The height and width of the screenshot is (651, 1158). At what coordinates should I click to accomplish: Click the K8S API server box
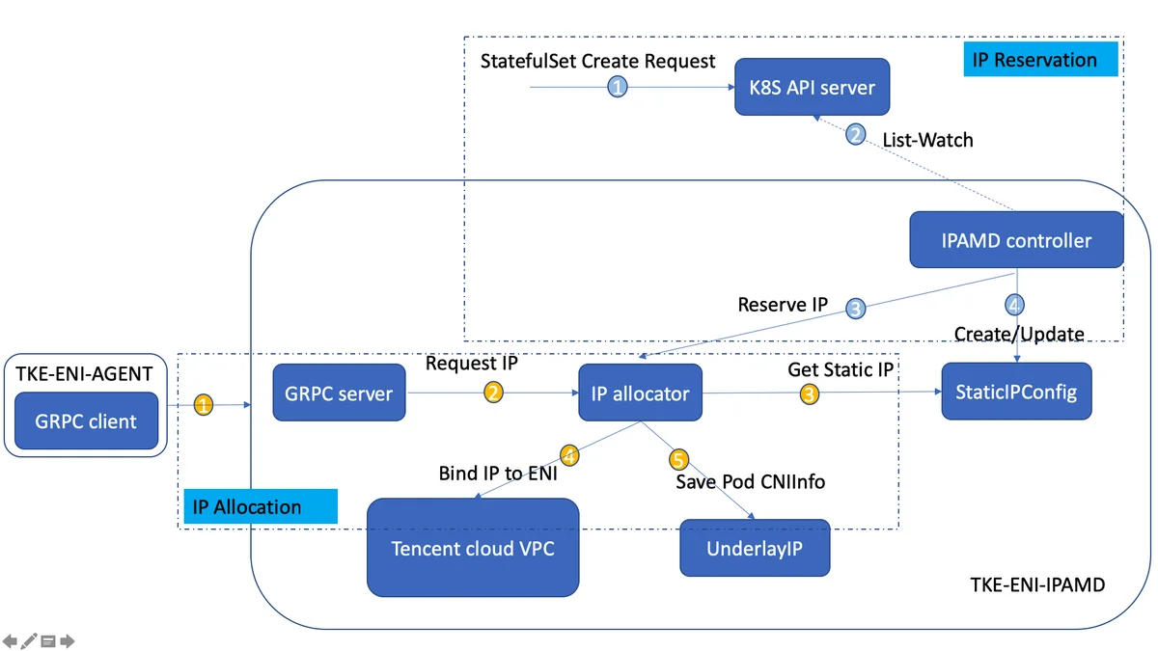point(813,87)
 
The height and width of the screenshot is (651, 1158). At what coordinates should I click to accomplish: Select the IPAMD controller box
point(1016,240)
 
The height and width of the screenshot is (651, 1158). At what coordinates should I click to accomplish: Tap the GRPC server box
point(339,393)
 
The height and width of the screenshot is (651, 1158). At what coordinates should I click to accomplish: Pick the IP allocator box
point(640,393)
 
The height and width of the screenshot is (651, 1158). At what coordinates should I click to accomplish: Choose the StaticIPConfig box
point(1016,392)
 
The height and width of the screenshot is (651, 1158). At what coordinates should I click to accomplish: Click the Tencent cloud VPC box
point(473,547)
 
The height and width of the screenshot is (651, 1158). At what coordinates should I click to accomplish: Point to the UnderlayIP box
point(755,548)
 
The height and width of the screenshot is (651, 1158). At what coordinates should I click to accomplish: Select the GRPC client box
point(86,420)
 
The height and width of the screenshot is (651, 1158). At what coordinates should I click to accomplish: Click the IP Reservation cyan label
point(1040,60)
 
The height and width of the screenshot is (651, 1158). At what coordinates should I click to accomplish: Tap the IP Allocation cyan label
point(261,506)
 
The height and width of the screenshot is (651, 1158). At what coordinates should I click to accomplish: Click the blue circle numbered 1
point(618,87)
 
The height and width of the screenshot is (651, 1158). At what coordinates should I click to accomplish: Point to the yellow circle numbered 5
point(678,459)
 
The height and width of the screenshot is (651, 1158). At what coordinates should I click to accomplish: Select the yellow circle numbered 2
point(493,393)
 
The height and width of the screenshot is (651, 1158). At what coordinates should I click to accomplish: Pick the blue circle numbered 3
point(856,309)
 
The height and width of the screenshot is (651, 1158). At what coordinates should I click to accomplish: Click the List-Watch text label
point(927,140)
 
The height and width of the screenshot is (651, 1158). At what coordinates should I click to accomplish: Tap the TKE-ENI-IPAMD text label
point(1037,584)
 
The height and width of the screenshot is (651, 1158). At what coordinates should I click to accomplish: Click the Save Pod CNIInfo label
point(750,481)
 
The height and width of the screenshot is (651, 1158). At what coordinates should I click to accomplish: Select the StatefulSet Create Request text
point(597,61)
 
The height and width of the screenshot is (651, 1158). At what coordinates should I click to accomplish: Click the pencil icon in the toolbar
point(29,640)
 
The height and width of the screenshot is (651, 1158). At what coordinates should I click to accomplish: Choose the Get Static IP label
point(841,370)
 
